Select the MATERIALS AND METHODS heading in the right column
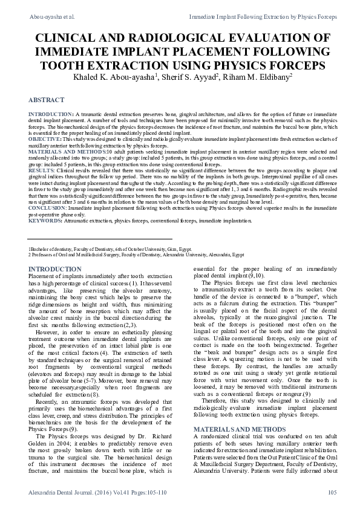(x=237, y=412)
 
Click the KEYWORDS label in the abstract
(x=42, y=221)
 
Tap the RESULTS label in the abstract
(x=41, y=171)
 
